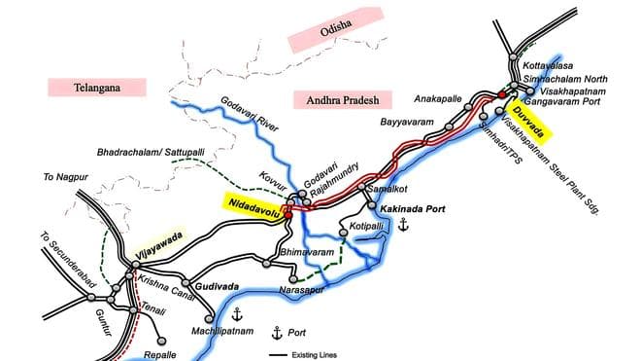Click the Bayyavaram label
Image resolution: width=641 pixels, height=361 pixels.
(403, 124)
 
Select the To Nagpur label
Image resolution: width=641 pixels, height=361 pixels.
(60, 179)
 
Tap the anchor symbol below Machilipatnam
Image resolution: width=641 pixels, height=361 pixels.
(235, 312)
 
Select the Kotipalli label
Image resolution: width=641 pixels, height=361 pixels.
(367, 226)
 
